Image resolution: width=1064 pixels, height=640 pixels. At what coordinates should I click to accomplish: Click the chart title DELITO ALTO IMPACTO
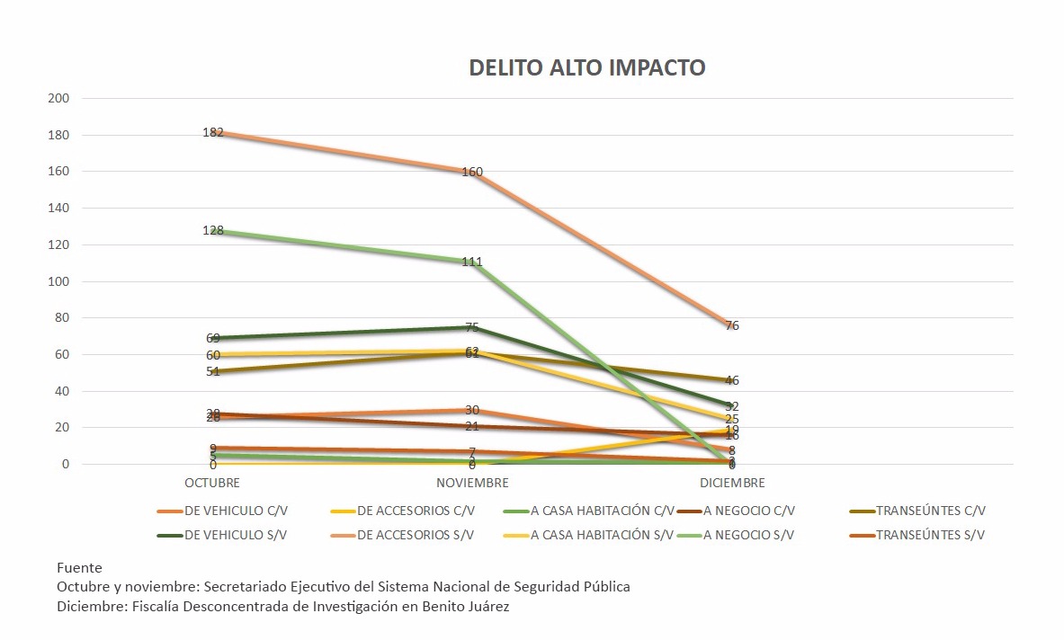tap(586, 68)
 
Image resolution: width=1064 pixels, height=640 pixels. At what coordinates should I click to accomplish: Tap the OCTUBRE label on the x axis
tap(213, 483)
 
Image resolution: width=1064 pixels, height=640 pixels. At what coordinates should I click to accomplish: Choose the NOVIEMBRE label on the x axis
tap(471, 483)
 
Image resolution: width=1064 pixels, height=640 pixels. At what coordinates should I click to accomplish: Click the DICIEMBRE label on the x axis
tap(731, 483)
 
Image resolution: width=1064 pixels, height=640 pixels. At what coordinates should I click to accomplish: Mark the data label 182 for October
tap(213, 132)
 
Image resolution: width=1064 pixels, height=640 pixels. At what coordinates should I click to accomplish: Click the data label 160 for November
tap(472, 172)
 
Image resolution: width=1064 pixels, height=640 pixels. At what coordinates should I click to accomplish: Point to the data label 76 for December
tap(731, 325)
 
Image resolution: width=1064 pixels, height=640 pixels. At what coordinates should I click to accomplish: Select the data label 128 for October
tap(213, 231)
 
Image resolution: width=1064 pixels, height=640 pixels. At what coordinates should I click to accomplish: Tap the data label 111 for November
tap(472, 262)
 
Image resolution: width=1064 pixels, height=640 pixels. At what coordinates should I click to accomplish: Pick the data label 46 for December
tap(731, 381)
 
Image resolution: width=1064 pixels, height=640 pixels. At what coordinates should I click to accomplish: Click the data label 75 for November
tap(472, 328)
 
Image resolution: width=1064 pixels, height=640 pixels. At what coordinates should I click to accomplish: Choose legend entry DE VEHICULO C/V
tap(237, 511)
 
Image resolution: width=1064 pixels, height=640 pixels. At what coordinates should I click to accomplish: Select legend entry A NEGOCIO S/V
tap(749, 535)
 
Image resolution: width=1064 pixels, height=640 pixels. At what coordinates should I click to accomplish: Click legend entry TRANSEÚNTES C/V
tap(932, 511)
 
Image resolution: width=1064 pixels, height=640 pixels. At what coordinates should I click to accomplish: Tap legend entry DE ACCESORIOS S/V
tap(416, 535)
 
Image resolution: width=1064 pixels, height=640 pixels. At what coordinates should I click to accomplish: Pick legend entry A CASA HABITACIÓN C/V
tap(602, 511)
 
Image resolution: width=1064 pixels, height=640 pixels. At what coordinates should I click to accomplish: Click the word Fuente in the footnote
tap(79, 568)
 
